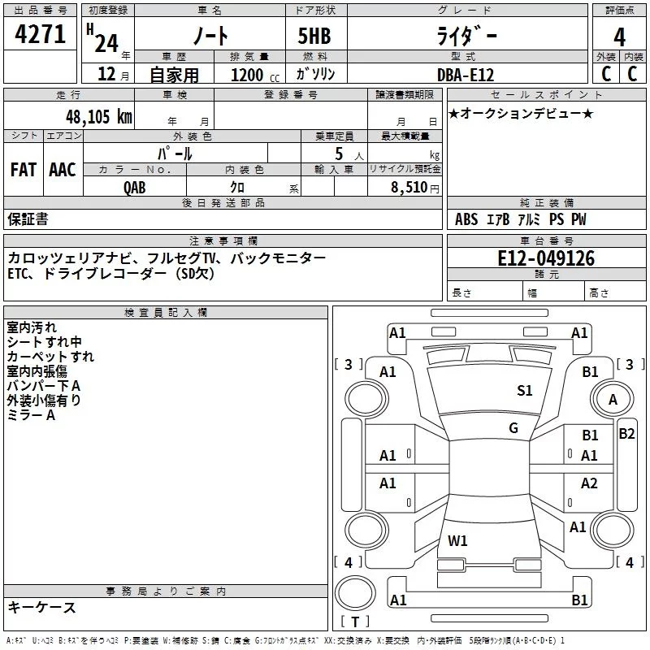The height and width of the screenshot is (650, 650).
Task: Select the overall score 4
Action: click(619, 37)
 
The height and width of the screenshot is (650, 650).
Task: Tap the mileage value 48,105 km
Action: click(99, 116)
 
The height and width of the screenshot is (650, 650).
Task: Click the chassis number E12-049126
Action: click(546, 259)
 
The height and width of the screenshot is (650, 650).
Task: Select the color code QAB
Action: click(136, 187)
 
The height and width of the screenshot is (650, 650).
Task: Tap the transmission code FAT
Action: click(24, 170)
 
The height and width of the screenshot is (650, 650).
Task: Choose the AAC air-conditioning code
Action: click(63, 170)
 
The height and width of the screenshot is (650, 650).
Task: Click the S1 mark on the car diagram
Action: click(525, 391)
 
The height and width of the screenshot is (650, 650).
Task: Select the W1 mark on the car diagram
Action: click(457, 540)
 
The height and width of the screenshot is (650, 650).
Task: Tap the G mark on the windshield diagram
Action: click(513, 428)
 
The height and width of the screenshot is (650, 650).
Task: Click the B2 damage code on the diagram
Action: click(626, 434)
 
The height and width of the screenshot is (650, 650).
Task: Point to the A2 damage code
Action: click(589, 483)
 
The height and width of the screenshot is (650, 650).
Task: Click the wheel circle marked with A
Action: click(613, 400)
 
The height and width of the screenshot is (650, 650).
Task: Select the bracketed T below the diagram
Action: click(355, 622)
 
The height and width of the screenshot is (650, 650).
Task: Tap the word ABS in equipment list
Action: click(466, 219)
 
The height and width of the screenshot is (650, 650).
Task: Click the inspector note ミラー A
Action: click(31, 414)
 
